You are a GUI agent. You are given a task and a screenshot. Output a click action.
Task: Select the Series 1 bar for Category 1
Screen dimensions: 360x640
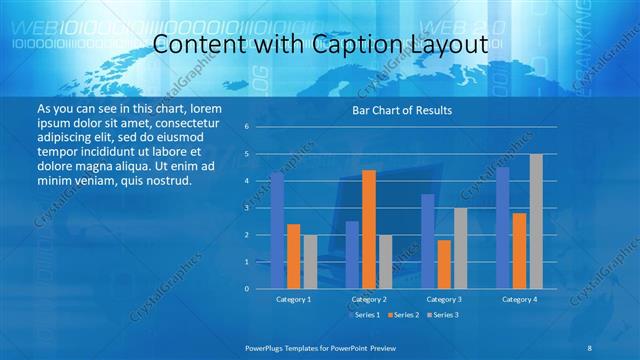click(x=277, y=231)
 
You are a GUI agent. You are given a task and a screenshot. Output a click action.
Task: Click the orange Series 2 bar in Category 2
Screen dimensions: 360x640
click(x=369, y=229)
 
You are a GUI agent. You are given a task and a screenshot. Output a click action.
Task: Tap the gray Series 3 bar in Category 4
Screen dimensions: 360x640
click(x=536, y=221)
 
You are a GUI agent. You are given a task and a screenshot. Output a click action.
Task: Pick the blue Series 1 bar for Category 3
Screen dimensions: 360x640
click(x=428, y=241)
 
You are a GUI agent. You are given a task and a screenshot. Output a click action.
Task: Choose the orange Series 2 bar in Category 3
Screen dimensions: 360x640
click(x=444, y=264)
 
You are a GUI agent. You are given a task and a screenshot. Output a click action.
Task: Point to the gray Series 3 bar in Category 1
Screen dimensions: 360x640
click(x=310, y=262)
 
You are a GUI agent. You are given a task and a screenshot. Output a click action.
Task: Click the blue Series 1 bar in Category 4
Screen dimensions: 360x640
click(x=503, y=228)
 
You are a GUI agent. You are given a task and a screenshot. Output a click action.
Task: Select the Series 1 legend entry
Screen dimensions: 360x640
click(x=365, y=314)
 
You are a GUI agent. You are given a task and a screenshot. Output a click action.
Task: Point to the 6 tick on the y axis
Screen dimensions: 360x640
click(x=246, y=127)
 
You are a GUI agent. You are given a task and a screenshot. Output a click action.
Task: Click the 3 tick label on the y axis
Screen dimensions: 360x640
click(x=246, y=208)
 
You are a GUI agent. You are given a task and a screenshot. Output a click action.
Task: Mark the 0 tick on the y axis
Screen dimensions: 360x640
click(x=246, y=289)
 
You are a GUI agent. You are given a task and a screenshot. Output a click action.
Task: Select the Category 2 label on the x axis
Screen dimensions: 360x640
click(x=369, y=299)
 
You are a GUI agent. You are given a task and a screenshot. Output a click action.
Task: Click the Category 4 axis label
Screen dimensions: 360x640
click(x=519, y=299)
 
